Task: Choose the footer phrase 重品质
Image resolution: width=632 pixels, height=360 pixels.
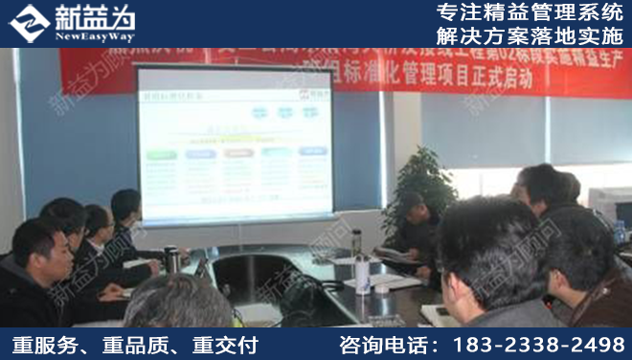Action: (133, 344)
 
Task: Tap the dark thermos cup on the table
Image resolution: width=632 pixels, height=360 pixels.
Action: (170, 259)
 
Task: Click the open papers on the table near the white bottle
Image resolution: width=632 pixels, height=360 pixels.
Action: (393, 283)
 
